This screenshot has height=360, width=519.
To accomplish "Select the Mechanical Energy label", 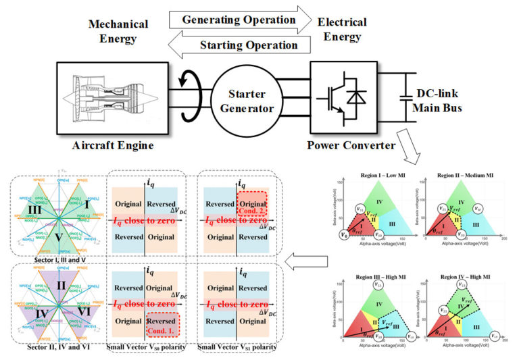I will pyautogui.click(x=120, y=33).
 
